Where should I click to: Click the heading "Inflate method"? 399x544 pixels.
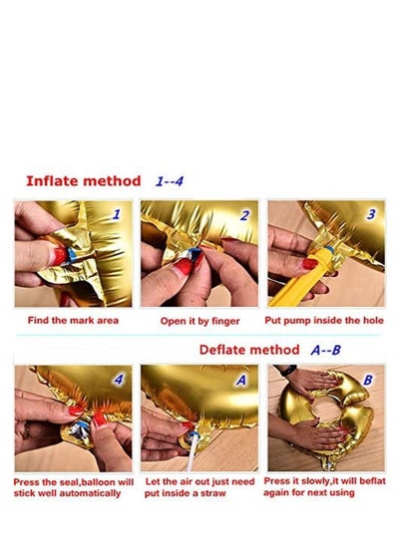(x=84, y=181)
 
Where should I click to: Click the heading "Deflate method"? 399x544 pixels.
(x=249, y=350)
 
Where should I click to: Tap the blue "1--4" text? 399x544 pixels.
(x=170, y=181)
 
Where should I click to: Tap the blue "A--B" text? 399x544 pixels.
(x=326, y=350)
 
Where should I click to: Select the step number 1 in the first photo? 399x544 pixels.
(x=117, y=214)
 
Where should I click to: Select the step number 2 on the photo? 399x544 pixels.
(x=244, y=215)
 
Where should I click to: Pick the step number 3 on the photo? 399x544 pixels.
(x=371, y=214)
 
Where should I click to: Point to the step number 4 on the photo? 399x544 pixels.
(x=119, y=380)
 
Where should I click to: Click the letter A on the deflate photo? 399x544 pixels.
(x=241, y=381)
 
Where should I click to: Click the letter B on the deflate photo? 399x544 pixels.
(x=368, y=380)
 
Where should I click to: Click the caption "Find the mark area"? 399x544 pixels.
(x=73, y=320)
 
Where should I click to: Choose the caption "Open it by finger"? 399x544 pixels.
(x=200, y=321)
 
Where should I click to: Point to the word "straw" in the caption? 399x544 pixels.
(x=213, y=493)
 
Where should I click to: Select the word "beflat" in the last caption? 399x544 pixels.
(x=372, y=481)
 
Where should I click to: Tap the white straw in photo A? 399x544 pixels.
(x=193, y=452)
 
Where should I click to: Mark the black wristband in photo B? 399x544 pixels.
(x=289, y=371)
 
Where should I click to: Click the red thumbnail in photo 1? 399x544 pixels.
(x=60, y=256)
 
